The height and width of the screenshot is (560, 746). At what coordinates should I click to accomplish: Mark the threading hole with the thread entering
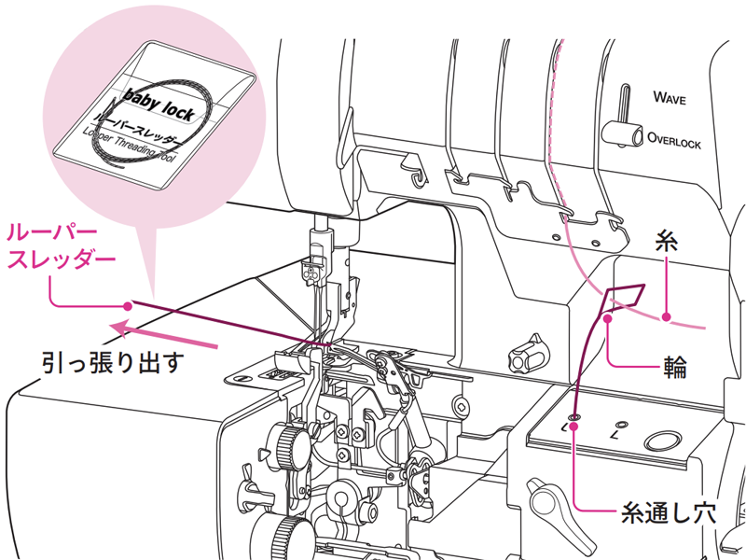point(574,415)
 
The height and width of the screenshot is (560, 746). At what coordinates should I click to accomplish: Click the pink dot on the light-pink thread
point(668,317)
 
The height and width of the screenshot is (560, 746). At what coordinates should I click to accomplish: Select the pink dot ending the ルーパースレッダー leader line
point(128,305)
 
